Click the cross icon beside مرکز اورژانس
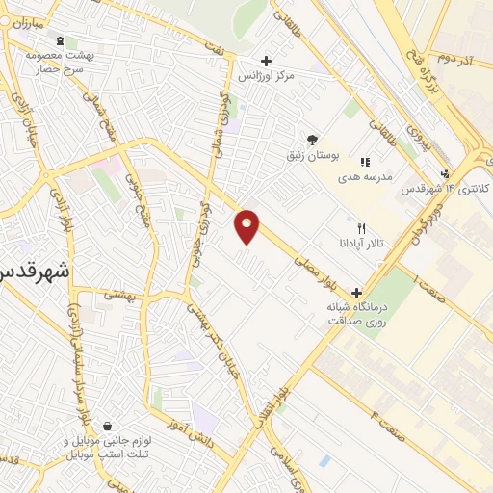click(279, 61)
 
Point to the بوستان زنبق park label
click(310, 154)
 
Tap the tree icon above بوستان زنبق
click(311, 139)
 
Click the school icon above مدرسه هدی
click(364, 163)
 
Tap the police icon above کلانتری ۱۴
click(445, 173)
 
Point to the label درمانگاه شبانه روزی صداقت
click(356, 317)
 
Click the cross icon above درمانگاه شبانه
click(357, 293)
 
